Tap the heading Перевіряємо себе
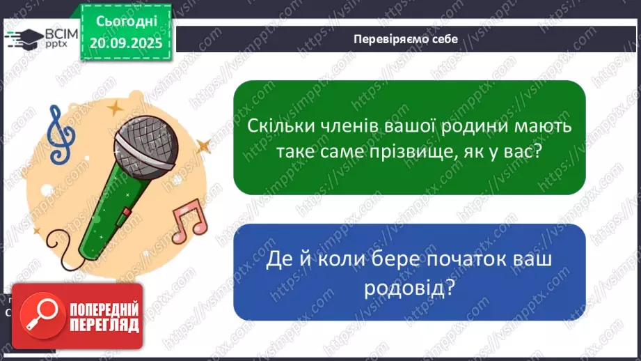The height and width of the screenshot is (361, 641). [x=405, y=39]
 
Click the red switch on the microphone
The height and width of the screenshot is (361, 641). [x=124, y=213]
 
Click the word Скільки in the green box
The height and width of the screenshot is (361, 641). [x=278, y=128]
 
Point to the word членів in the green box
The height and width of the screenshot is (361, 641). [x=348, y=128]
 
